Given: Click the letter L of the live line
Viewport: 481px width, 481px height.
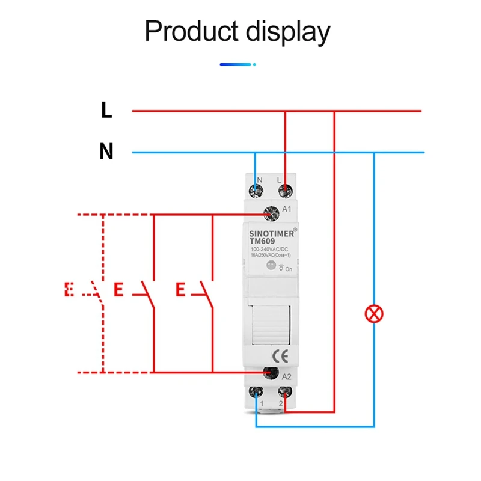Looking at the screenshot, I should coord(106,111).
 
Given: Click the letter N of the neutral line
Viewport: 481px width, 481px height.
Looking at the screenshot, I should coord(106,152).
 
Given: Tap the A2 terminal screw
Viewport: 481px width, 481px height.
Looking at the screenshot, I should coord(270,373).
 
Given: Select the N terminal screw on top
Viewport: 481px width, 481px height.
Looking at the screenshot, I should coord(257,191).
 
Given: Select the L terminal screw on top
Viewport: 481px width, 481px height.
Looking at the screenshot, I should coord(285,191).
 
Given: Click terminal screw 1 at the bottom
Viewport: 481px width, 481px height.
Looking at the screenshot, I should coord(257,394).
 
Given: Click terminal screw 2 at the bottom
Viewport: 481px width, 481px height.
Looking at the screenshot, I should coord(285,394).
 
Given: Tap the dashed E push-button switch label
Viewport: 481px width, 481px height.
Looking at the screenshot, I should coord(69,290).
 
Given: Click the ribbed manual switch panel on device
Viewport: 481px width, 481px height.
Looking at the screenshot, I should coord(271,325).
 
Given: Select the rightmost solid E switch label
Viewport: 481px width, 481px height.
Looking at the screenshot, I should coord(180,290).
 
